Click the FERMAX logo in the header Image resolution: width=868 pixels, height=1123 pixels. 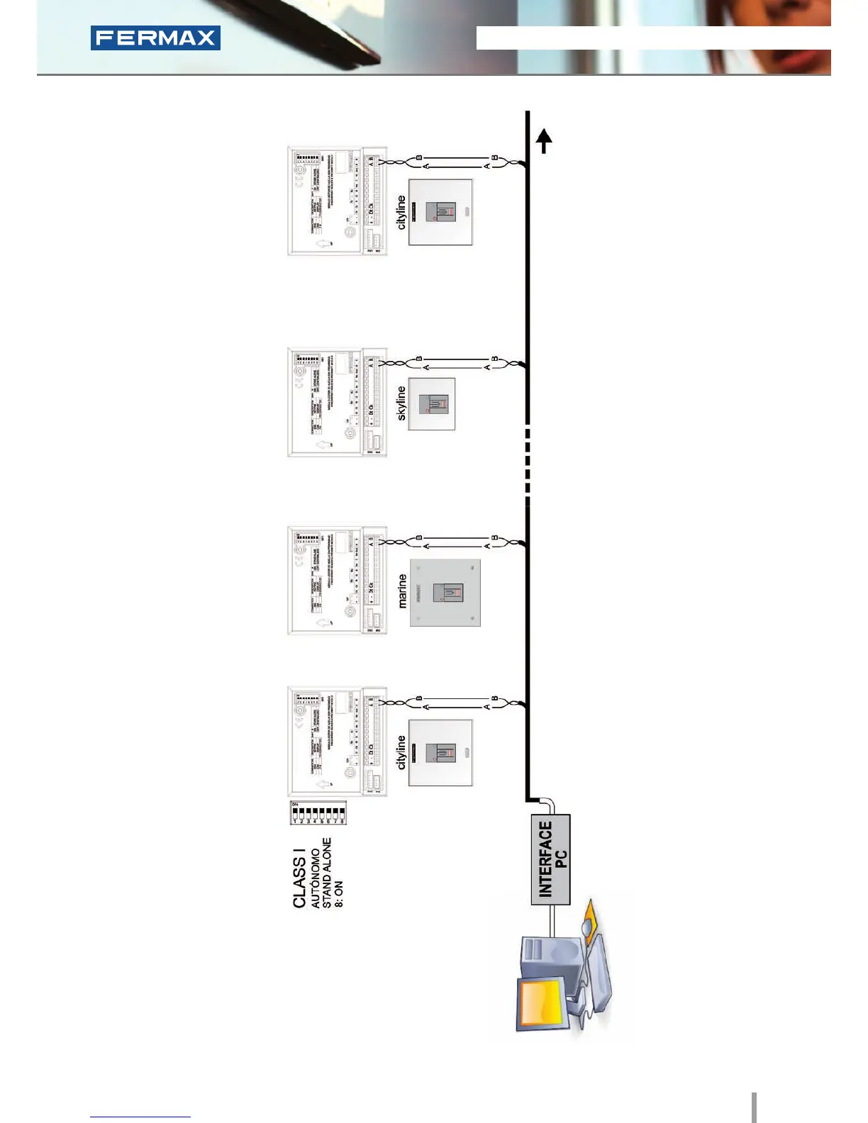(155, 38)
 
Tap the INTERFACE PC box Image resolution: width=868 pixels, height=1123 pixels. (551, 859)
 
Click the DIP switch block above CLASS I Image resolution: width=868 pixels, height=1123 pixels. (318, 812)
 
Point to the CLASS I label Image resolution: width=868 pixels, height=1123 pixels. (299, 882)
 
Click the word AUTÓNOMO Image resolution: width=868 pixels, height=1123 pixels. (316, 878)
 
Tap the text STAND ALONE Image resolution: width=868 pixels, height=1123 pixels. (327, 873)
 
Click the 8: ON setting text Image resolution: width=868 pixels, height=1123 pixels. (339, 894)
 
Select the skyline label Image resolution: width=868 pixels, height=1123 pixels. (401, 403)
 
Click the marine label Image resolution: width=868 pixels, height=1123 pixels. (402, 591)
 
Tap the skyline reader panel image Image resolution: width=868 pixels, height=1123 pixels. (432, 404)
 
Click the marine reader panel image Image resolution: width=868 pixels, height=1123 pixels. (445, 593)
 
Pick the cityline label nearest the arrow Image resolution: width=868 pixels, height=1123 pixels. (401, 213)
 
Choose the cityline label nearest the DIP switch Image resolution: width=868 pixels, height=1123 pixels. (401, 752)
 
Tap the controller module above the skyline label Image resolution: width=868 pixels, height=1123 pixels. (337, 402)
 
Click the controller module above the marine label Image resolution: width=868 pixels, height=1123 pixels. (337, 581)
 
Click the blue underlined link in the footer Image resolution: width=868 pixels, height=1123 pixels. (140, 1117)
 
